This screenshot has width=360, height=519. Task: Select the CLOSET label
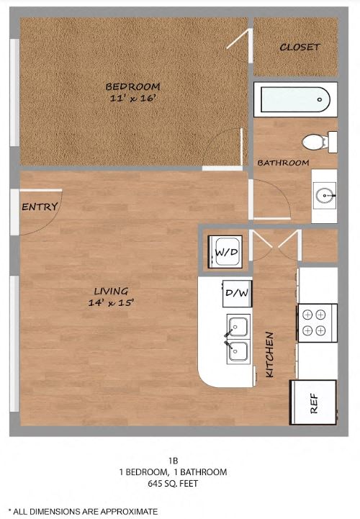300,48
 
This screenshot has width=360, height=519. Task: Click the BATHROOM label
283,163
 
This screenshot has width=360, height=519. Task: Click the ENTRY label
40,207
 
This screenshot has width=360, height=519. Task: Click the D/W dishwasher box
237,293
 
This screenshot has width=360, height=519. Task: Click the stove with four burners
316,322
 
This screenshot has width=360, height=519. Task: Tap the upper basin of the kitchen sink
238,328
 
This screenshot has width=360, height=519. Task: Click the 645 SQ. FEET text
173,484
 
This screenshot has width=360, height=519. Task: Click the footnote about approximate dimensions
82,510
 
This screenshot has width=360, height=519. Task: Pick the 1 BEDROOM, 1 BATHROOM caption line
173,472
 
